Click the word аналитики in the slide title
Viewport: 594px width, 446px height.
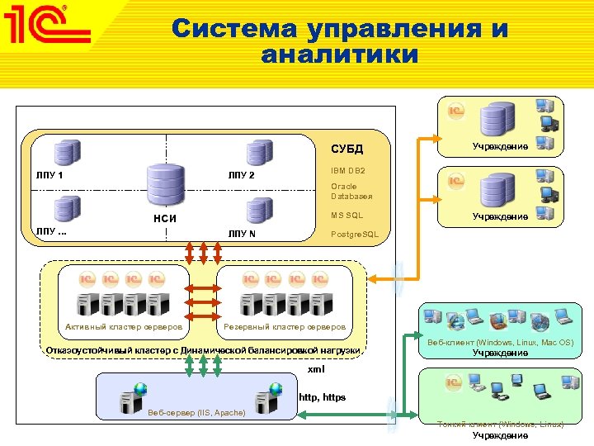tap(339, 56)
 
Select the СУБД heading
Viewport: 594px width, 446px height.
tap(346, 149)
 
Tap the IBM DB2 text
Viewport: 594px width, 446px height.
tap(348, 170)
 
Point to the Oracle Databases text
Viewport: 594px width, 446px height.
tap(351, 192)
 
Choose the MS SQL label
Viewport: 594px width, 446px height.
tap(346, 216)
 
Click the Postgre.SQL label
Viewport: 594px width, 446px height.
tap(355, 235)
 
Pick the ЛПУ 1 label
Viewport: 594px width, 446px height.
tap(49, 175)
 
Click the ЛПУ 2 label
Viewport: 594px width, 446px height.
tap(242, 175)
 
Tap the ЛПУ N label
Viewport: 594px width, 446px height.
tap(242, 234)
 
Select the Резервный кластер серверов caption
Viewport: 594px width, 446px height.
tap(285, 327)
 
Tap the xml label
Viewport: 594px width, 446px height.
tap(316, 368)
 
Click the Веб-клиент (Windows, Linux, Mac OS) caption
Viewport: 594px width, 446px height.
tap(501, 342)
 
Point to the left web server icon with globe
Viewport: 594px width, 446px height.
tap(132, 397)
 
